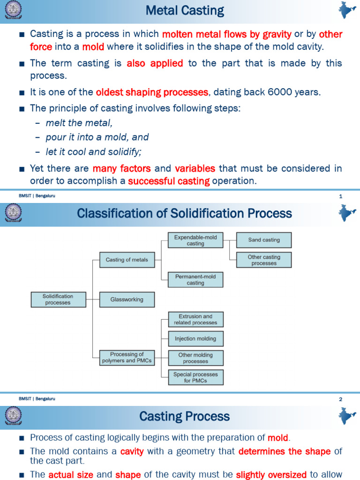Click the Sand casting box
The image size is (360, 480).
[264, 240]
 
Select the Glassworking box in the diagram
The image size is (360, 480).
[127, 300]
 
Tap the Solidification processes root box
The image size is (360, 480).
[58, 300]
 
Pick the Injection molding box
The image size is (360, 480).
[195, 338]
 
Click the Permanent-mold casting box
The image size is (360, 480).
[195, 280]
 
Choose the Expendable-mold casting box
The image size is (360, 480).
[195, 240]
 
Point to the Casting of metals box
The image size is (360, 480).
[127, 260]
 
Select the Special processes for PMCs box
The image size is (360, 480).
[195, 377]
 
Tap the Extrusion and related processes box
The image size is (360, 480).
[195, 319]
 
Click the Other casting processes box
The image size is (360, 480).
[264, 260]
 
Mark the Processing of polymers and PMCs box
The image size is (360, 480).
[127, 358]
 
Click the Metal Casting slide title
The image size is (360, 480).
[185, 11]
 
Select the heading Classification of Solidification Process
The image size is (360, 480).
[184, 214]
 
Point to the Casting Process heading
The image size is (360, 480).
[185, 416]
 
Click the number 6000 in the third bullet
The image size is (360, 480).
[282, 92]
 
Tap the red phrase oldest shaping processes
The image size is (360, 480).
[152, 92]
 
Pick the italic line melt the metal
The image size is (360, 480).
[79, 123]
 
